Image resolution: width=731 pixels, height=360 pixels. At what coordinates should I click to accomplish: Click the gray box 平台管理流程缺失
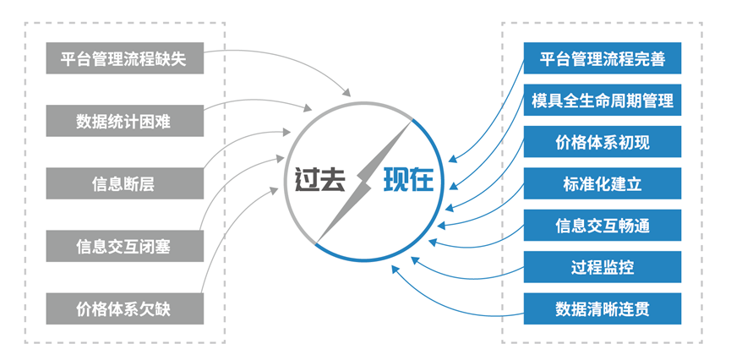point(123,59)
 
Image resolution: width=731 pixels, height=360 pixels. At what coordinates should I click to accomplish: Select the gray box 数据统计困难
point(123,121)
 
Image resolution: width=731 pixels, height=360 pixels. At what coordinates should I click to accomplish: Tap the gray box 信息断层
point(123,183)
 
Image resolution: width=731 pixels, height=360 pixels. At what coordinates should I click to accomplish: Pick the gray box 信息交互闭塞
point(123,246)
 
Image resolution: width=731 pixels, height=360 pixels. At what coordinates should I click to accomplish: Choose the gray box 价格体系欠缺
point(123,308)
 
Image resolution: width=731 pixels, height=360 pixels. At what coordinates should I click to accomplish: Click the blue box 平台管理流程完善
point(602,59)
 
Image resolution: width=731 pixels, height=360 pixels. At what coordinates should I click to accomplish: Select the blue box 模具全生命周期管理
point(602,101)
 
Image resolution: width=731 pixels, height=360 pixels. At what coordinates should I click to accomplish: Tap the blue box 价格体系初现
point(602,142)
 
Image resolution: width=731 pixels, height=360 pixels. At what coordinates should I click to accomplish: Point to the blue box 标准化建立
point(602,183)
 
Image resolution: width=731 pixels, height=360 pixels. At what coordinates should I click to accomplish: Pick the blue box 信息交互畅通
point(602,226)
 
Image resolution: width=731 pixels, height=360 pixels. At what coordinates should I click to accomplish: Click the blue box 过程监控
point(602,267)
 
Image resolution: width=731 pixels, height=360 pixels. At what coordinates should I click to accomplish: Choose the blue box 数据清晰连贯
point(602,308)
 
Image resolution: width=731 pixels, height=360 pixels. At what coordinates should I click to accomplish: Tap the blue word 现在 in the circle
point(408,180)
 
